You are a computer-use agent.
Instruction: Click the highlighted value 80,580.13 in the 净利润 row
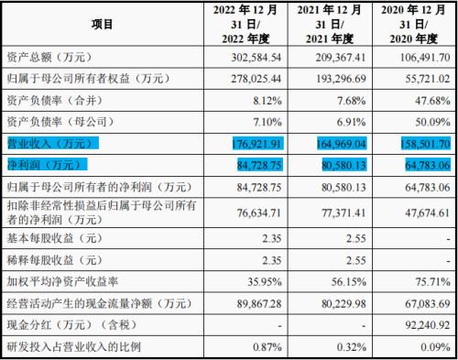pos(339,165)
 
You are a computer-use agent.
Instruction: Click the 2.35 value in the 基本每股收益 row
pos(266,237)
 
